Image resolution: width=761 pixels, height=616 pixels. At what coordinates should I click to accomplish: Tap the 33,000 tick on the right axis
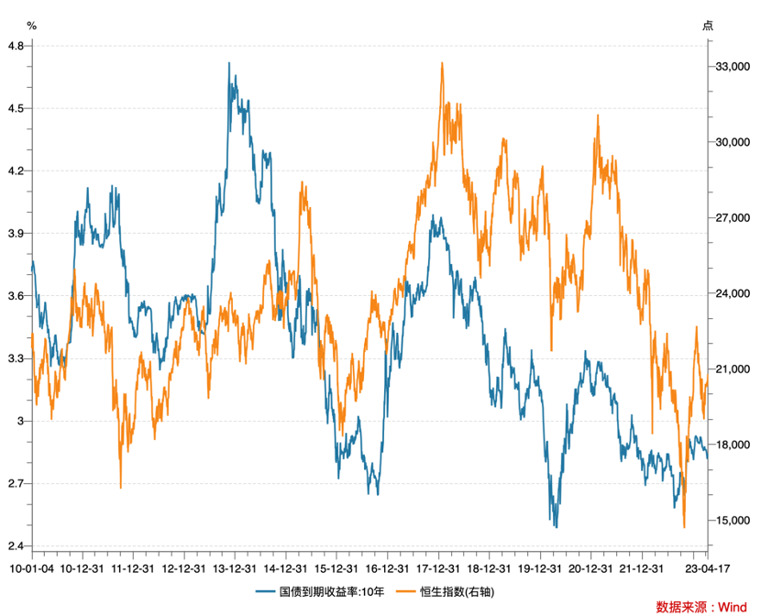733,67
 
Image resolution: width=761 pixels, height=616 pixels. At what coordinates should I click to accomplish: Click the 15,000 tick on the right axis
733,521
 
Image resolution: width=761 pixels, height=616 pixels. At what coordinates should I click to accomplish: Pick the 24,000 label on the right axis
733,293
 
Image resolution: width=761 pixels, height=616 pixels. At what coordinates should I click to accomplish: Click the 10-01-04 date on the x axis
32,568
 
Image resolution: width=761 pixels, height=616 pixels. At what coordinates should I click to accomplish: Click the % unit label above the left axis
32,25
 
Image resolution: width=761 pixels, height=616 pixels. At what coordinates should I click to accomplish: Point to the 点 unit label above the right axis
708,25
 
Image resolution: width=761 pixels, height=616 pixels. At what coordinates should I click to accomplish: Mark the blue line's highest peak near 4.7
229,63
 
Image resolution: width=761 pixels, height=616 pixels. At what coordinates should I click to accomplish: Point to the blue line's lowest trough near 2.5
556,526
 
